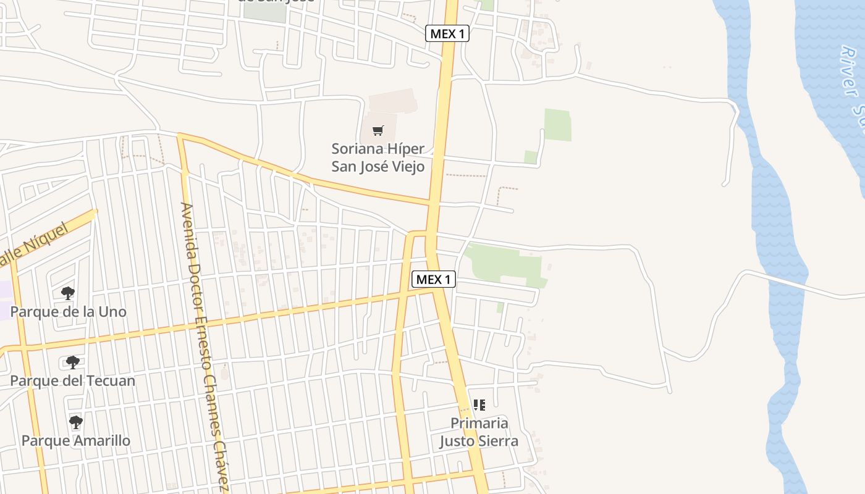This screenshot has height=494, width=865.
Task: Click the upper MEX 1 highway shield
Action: (447, 34)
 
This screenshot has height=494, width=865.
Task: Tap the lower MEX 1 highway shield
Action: (434, 280)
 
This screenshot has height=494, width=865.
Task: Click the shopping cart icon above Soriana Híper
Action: (378, 130)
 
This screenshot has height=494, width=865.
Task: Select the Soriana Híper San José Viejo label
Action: (378, 157)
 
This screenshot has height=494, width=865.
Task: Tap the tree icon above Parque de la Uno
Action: (68, 293)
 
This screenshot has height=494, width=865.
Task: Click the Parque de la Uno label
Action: (68, 312)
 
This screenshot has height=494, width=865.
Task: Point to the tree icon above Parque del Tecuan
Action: (73, 362)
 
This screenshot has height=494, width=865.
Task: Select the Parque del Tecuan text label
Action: (72, 380)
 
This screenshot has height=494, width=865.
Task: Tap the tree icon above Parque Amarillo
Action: (76, 422)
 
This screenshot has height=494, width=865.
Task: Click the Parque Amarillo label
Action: (76, 440)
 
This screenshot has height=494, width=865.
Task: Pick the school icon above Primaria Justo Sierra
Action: (479, 405)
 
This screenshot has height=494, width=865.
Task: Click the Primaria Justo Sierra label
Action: (479, 432)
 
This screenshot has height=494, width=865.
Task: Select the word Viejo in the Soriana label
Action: (405, 167)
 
